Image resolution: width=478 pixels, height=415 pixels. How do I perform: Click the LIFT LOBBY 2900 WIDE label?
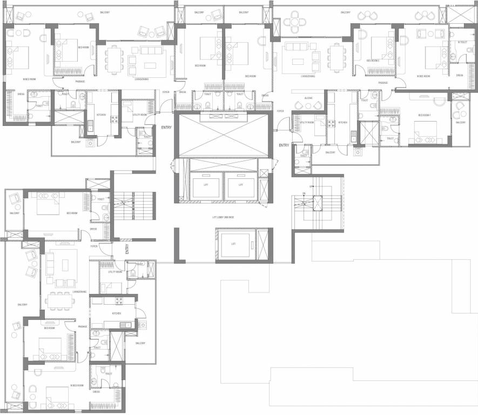(x=223, y=217)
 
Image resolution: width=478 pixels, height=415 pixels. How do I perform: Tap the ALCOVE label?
(x=308, y=98)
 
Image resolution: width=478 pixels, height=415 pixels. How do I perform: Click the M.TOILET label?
(x=462, y=42)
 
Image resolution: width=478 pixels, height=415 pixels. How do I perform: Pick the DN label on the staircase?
(x=304, y=193)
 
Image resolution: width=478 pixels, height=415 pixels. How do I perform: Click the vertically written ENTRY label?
(x=127, y=249)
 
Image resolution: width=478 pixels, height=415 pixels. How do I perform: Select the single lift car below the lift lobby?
(x=233, y=244)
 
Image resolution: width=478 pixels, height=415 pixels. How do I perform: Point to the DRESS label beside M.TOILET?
(x=459, y=75)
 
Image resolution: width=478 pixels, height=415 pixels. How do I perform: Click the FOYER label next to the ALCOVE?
(x=280, y=111)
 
